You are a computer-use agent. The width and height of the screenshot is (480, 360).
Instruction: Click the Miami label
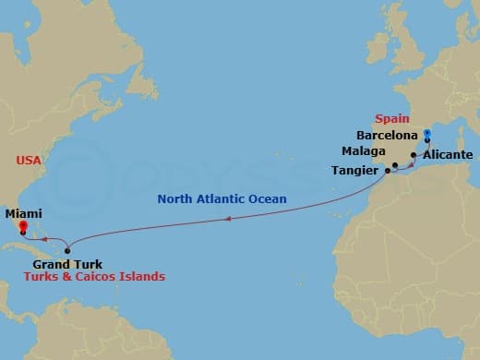tap(23, 212)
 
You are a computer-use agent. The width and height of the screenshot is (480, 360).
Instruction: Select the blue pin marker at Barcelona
tap(426, 136)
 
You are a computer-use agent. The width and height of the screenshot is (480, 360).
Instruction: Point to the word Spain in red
tap(390, 119)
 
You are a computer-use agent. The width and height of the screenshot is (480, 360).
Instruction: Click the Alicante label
tap(448, 155)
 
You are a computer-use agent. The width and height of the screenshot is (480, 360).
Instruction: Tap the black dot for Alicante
tap(413, 155)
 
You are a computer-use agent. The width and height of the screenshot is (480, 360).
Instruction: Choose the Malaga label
tap(363, 150)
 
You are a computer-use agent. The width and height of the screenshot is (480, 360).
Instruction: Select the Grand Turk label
tap(60, 264)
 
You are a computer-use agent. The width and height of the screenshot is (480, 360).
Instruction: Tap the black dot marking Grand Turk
tap(67, 251)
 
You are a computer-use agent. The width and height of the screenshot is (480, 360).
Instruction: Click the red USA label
tap(29, 161)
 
